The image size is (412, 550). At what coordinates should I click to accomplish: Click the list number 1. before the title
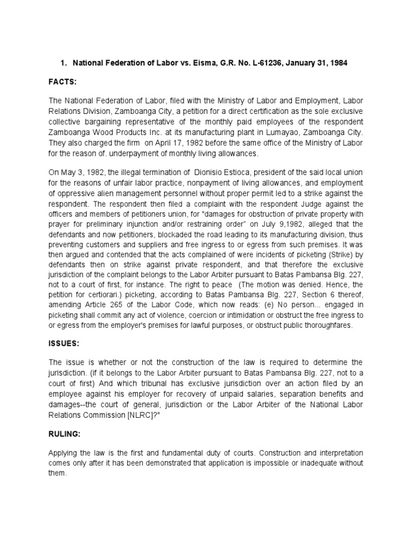click(x=63, y=63)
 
